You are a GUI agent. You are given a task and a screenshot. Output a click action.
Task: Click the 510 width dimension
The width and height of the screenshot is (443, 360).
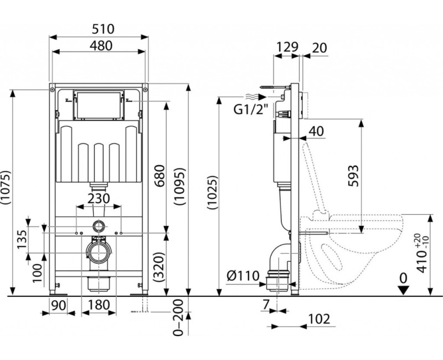(99, 28)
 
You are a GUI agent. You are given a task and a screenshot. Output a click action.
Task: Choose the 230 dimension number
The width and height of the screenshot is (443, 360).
(99, 198)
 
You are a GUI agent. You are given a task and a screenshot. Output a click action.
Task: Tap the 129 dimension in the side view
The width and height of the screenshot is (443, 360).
(287, 48)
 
